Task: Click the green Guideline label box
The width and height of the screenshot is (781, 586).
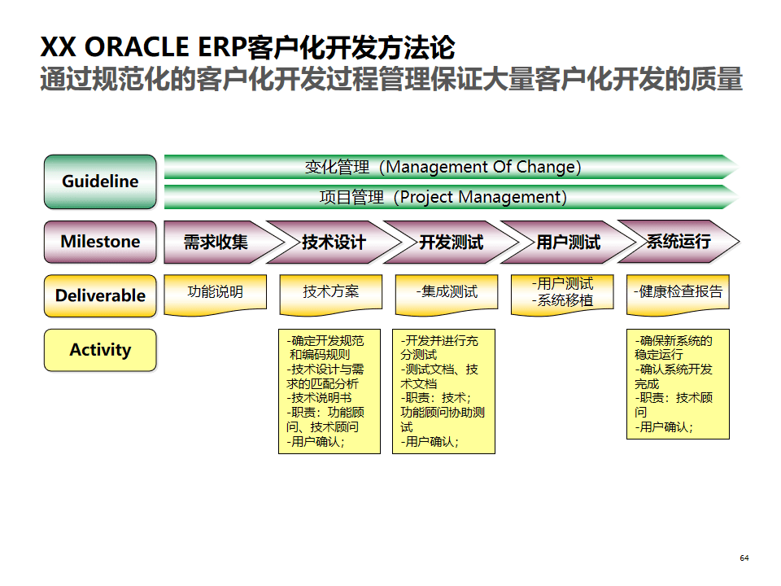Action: pyautogui.click(x=100, y=181)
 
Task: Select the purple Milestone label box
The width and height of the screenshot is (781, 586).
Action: pyautogui.click(x=100, y=242)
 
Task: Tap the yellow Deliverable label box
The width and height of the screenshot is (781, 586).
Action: pyautogui.click(x=100, y=295)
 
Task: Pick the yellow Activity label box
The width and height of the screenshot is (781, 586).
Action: pyautogui.click(x=100, y=350)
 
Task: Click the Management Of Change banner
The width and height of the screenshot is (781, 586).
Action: pyautogui.click(x=443, y=167)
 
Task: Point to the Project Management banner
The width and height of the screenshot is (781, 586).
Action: pyautogui.click(x=443, y=197)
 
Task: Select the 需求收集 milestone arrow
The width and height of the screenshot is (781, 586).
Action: pyautogui.click(x=215, y=242)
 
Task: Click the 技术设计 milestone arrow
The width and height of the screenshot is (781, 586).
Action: pyautogui.click(x=334, y=242)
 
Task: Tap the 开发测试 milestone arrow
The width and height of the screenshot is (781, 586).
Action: pyautogui.click(x=451, y=242)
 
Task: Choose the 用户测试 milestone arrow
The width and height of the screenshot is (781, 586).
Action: pyautogui.click(x=568, y=242)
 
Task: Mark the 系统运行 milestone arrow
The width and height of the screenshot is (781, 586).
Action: pyautogui.click(x=678, y=241)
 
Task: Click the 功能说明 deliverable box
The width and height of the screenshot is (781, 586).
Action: pyautogui.click(x=216, y=292)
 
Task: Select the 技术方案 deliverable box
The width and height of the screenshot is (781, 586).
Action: pyautogui.click(x=331, y=292)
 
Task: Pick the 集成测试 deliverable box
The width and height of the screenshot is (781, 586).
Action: pyautogui.click(x=447, y=292)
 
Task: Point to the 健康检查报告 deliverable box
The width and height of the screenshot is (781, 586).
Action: pyautogui.click(x=678, y=292)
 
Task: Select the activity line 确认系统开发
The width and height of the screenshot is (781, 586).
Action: pyautogui.click(x=674, y=370)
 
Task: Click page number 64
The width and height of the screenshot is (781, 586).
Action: pyautogui.click(x=744, y=558)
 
